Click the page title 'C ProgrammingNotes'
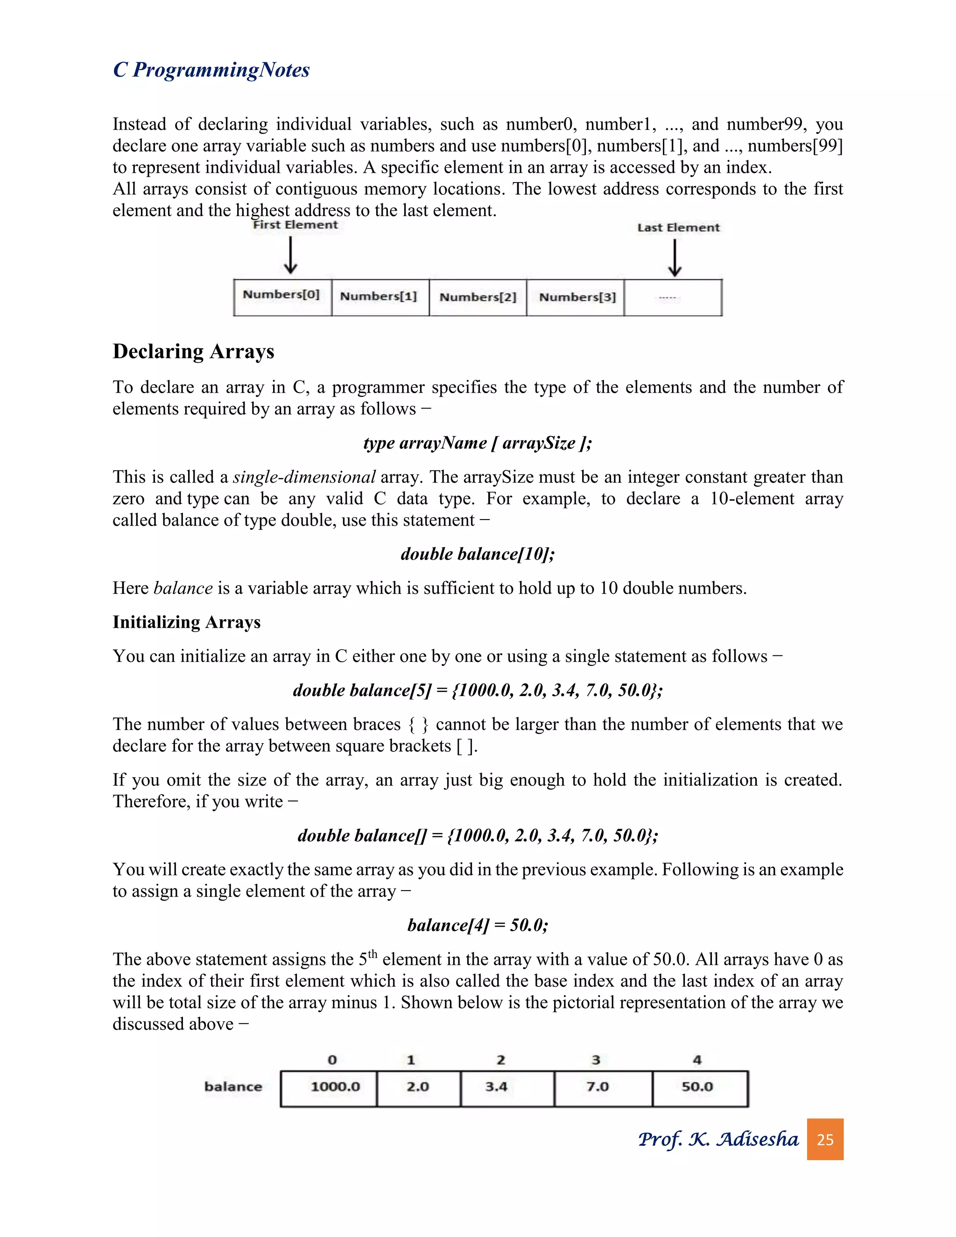211,70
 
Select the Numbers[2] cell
478,297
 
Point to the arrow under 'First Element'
290,255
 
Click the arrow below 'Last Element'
674,258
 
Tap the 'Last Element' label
678,228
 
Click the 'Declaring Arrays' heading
193,351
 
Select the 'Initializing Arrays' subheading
186,622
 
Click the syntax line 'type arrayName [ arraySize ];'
478,443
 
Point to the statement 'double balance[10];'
478,554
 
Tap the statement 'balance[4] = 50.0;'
478,925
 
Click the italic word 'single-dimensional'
304,477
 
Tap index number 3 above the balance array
596,1060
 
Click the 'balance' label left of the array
233,1087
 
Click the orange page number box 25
825,1139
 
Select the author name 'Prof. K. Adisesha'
718,1139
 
